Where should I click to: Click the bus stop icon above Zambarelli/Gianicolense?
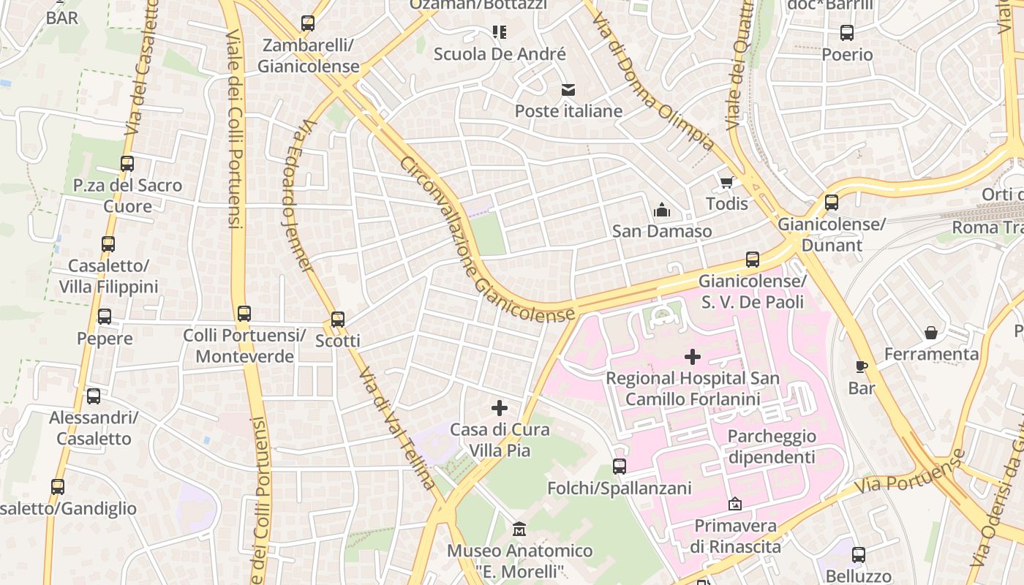click(x=308, y=23)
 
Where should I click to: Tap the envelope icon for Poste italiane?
click(x=568, y=90)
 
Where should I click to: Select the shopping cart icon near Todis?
click(x=726, y=182)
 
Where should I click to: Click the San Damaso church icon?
click(x=662, y=211)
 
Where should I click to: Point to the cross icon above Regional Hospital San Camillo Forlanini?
click(x=692, y=357)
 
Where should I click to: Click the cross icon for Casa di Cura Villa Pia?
click(x=500, y=408)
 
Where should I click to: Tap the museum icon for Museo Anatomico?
click(x=519, y=529)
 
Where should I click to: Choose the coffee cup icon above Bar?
click(x=862, y=366)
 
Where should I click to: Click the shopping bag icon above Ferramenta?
click(x=931, y=333)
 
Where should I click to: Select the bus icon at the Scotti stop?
click(x=337, y=320)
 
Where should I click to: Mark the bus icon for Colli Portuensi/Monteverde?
click(x=244, y=314)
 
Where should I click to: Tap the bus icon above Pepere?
click(x=105, y=317)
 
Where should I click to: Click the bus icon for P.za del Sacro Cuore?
click(x=127, y=164)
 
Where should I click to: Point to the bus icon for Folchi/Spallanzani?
click(x=620, y=467)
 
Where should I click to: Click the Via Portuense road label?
click(x=910, y=474)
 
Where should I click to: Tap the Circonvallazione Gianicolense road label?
click(x=486, y=241)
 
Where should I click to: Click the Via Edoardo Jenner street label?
click(x=298, y=196)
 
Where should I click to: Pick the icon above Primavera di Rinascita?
click(x=735, y=504)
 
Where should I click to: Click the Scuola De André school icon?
click(x=500, y=31)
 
